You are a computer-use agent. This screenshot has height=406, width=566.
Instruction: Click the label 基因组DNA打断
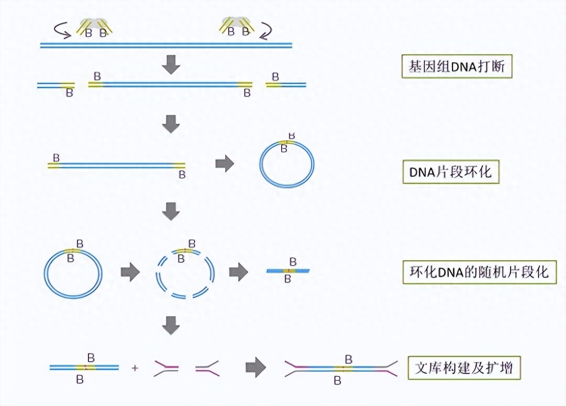pos(457,67)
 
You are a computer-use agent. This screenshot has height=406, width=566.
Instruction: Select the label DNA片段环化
pos(451,172)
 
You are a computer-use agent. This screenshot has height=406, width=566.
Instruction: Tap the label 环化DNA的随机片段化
pos(479,272)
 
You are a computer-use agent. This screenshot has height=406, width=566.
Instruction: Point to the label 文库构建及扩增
pos(464,368)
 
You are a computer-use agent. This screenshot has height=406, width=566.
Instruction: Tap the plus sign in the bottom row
pos(135,368)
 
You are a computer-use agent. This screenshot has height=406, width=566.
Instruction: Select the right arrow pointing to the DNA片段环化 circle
pos(224,163)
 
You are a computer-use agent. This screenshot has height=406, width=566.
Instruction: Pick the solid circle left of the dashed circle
pos(44,274)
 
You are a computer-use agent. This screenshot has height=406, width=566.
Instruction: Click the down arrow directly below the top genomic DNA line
pos(171,65)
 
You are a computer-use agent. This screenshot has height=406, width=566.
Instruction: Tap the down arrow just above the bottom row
pos(171,326)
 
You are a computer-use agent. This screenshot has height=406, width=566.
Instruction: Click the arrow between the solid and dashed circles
pos(130,272)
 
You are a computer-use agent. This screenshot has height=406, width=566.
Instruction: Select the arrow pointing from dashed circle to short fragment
pos(239,272)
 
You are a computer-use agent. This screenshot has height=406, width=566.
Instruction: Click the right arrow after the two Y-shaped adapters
pos(256,367)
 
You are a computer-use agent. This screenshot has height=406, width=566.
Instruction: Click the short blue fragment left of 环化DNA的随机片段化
pos(288,271)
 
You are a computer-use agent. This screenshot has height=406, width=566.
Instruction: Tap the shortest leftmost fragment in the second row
pos(56,85)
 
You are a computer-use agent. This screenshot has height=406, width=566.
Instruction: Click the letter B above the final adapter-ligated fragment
pos(348,359)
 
